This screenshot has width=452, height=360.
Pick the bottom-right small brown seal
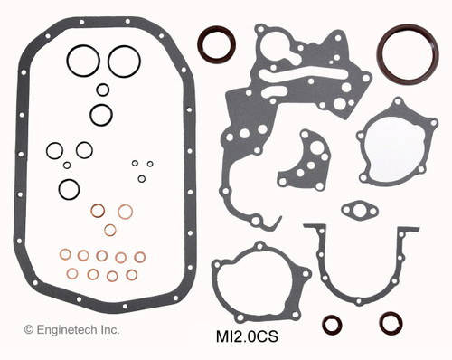coord(391,323)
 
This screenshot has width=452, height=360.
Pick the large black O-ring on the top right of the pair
coord(124,61)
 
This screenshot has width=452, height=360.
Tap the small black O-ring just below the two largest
coord(103,90)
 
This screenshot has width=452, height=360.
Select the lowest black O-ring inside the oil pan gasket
coord(69,189)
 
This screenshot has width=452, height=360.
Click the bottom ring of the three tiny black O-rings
coord(142,178)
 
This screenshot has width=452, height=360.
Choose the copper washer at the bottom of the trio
coord(110,230)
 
